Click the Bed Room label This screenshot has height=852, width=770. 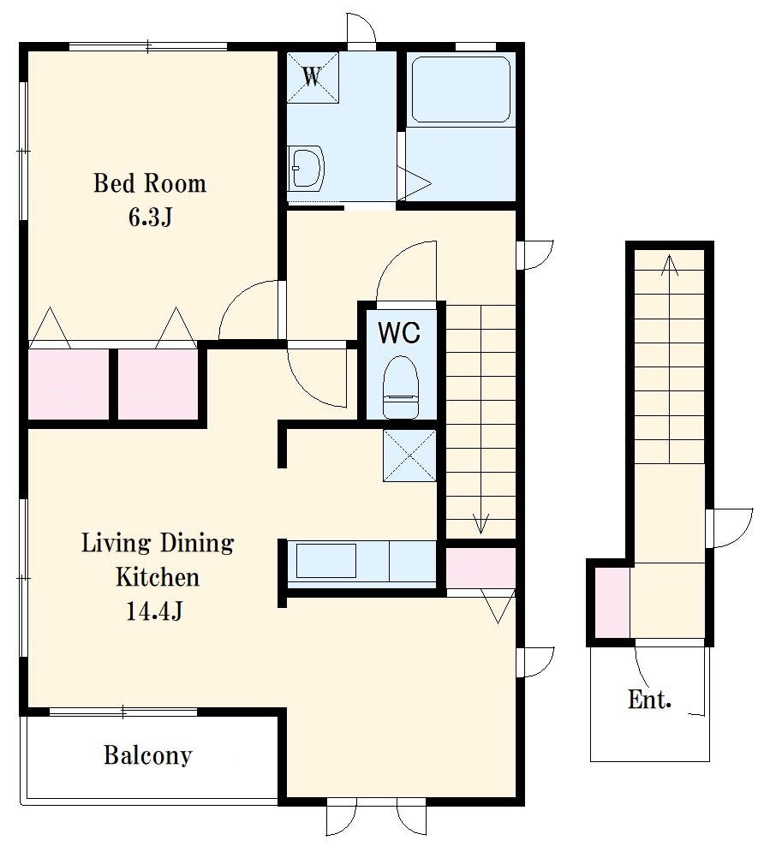(x=150, y=183)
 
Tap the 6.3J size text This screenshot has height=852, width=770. (x=151, y=217)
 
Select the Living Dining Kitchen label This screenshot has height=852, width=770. (x=158, y=560)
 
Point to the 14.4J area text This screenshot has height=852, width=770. (x=154, y=611)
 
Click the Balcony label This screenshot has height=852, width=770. (x=148, y=755)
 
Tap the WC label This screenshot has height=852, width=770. (x=399, y=332)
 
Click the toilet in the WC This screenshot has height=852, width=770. (x=401, y=387)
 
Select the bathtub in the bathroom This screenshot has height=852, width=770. (x=461, y=90)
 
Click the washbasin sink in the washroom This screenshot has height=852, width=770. (x=306, y=167)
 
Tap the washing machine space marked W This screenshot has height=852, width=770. (x=313, y=77)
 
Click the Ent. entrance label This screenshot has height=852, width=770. (x=649, y=700)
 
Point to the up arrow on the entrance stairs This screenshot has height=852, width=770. (x=670, y=359)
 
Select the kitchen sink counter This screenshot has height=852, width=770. (x=361, y=564)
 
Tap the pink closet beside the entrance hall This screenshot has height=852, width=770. (x=612, y=603)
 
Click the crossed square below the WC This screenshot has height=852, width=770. (x=409, y=456)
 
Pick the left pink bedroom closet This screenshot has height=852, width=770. (x=69, y=384)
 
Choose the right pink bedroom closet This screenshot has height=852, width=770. (x=158, y=384)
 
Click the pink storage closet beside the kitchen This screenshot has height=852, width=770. (x=481, y=568)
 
